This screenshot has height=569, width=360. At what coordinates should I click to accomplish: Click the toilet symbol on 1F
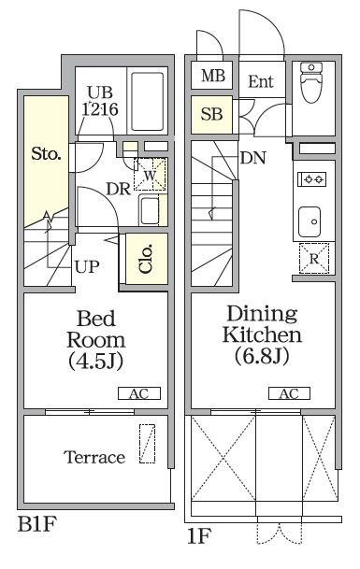point(311,82)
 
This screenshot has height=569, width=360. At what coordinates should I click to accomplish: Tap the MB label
point(213,76)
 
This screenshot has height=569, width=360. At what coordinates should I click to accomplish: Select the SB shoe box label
point(211,114)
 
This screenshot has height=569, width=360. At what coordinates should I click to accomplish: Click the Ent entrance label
point(261,81)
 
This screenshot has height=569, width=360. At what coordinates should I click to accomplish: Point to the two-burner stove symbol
point(311,178)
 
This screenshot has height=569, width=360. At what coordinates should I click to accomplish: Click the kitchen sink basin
point(310,221)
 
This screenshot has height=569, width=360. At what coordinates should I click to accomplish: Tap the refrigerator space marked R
point(314,259)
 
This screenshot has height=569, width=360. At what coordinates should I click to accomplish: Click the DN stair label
point(253,158)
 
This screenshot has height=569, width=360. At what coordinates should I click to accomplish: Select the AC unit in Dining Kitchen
point(289,393)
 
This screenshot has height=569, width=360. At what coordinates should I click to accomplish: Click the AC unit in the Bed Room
point(139,393)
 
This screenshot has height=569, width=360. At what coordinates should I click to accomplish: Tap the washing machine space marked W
point(150,175)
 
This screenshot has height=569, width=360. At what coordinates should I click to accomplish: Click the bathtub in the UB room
point(147,102)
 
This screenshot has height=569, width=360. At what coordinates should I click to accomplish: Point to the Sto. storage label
point(46,154)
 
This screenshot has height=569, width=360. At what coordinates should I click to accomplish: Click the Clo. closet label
point(145,259)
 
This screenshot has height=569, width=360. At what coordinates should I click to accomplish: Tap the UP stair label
point(87,267)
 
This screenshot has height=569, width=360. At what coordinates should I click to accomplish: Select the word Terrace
point(94,457)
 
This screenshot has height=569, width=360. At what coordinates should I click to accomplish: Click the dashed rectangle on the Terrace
point(147,444)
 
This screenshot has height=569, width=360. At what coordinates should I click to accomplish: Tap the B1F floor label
point(37,524)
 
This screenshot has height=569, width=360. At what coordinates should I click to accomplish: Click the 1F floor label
point(199,536)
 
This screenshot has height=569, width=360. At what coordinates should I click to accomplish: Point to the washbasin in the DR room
point(150,211)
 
